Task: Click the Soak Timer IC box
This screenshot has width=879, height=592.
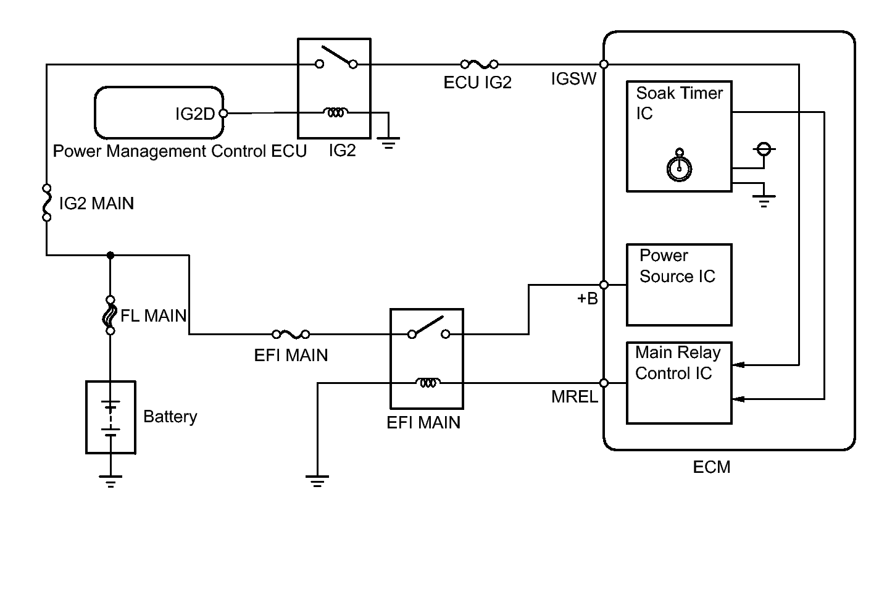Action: coord(679,136)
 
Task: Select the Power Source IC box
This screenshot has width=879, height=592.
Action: coord(679,285)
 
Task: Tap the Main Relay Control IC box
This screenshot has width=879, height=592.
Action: coord(679,383)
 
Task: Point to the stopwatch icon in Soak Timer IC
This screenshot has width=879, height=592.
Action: coord(679,167)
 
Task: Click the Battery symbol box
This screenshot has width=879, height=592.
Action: coord(110,417)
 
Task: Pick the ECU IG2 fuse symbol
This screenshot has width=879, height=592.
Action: coord(479,64)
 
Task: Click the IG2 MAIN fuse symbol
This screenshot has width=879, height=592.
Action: coord(46,202)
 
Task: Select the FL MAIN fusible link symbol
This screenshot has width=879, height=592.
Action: coord(110,315)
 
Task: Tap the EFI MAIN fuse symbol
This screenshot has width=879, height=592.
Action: coord(291,334)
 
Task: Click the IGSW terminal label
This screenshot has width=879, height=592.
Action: coord(573,79)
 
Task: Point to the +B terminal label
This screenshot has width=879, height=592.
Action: coord(587,299)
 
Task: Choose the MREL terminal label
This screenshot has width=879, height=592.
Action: coord(574,397)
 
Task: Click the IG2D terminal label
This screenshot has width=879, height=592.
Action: coord(195,114)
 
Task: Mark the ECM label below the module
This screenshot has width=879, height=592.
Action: coord(711,467)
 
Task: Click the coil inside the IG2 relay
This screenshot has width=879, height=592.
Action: coord(335,113)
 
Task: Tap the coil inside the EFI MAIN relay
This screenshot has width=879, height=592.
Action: coord(427,383)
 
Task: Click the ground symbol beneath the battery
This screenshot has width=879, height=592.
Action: coord(110,481)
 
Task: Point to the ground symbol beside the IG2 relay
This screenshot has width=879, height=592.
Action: coord(388,143)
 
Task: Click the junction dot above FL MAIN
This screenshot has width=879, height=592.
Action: coord(110,254)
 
